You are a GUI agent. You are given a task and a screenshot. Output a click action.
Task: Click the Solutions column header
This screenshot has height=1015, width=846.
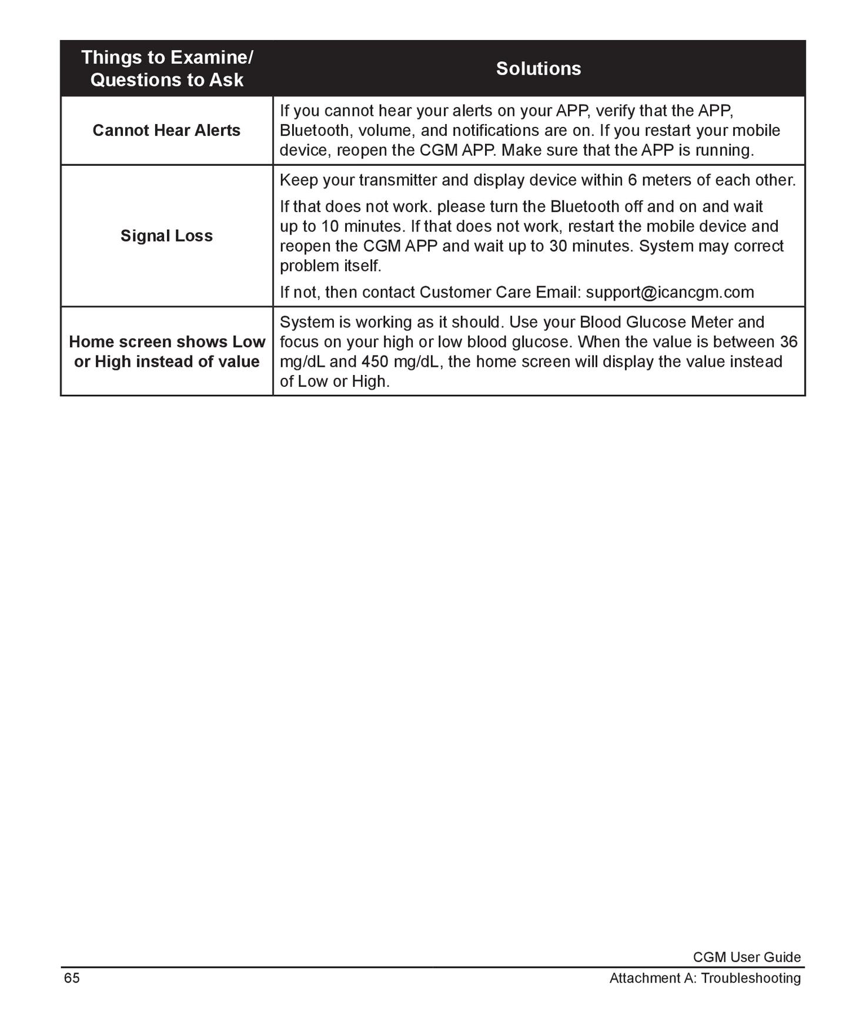click(538, 69)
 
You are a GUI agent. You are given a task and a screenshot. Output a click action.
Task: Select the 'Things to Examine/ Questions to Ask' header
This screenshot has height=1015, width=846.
click(167, 68)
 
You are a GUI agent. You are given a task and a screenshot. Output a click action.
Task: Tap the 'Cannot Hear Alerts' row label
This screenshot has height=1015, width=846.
click(166, 130)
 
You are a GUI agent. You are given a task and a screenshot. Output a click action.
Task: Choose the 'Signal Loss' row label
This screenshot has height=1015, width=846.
click(166, 236)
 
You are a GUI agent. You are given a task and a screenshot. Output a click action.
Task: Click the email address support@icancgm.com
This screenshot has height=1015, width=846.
click(670, 292)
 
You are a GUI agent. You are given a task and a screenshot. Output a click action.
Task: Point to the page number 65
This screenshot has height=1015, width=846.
click(72, 978)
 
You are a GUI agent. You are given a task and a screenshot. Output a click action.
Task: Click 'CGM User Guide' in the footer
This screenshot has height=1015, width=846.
click(746, 957)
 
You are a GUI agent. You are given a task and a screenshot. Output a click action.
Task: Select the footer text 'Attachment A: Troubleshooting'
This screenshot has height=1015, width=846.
click(705, 978)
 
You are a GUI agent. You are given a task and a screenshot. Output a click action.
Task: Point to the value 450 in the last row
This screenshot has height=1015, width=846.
click(374, 361)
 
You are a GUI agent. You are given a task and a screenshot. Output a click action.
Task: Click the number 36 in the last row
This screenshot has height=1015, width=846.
click(788, 341)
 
